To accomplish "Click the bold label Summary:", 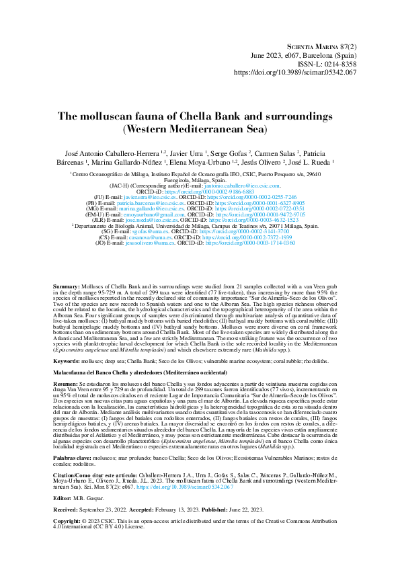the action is (x=67, y=287).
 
